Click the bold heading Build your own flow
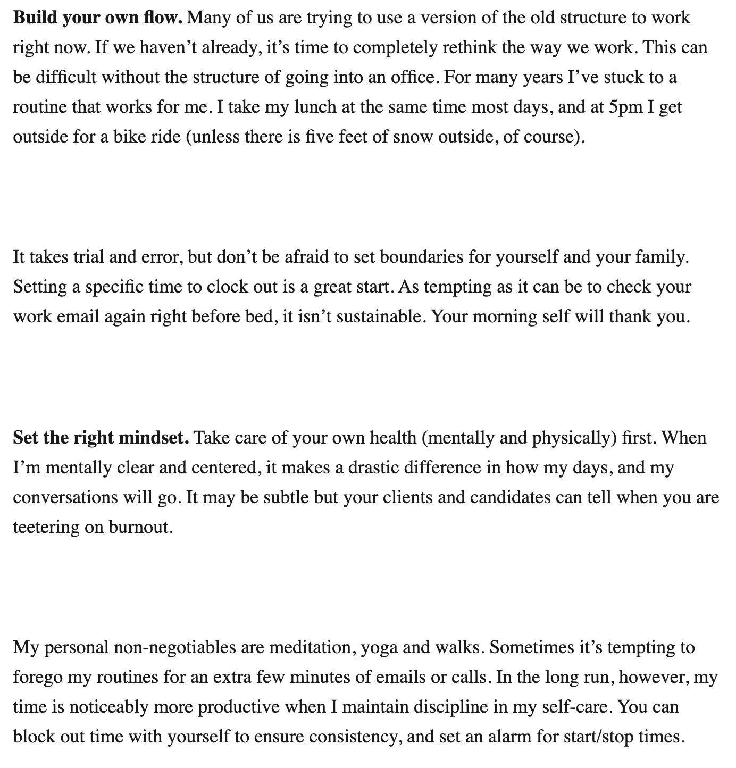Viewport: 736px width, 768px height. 98,18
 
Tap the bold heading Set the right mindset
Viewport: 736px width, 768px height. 101,438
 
